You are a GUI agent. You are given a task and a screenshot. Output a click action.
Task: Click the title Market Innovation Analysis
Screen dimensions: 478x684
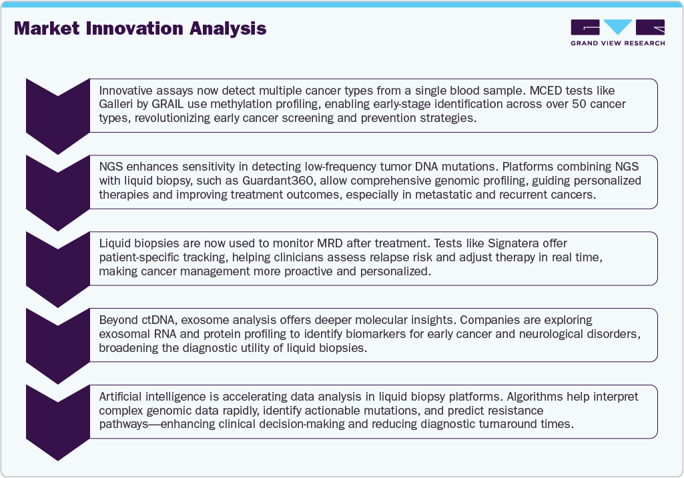140,29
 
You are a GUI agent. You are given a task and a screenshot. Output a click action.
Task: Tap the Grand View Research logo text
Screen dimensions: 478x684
617,43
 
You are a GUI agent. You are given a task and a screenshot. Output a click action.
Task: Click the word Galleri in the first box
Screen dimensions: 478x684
115,105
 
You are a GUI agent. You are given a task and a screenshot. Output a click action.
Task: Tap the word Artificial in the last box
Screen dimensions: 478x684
121,397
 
